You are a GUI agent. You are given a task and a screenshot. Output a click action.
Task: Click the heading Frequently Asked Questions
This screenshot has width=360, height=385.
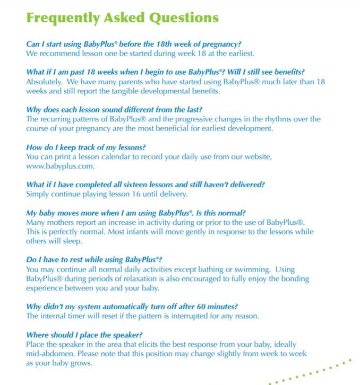pos(122,18)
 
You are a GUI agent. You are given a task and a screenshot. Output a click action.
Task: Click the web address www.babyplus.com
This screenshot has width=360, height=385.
pos(61,166)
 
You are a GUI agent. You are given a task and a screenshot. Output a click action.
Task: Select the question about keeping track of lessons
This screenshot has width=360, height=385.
pos(86,147)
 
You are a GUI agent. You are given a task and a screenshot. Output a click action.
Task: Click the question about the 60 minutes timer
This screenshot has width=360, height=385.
pos(132,307)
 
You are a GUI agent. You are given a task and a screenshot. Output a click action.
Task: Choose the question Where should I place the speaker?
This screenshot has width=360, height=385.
pos(84,335)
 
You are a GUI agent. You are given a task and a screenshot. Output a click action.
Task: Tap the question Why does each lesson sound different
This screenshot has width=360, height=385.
pos(114,110)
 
